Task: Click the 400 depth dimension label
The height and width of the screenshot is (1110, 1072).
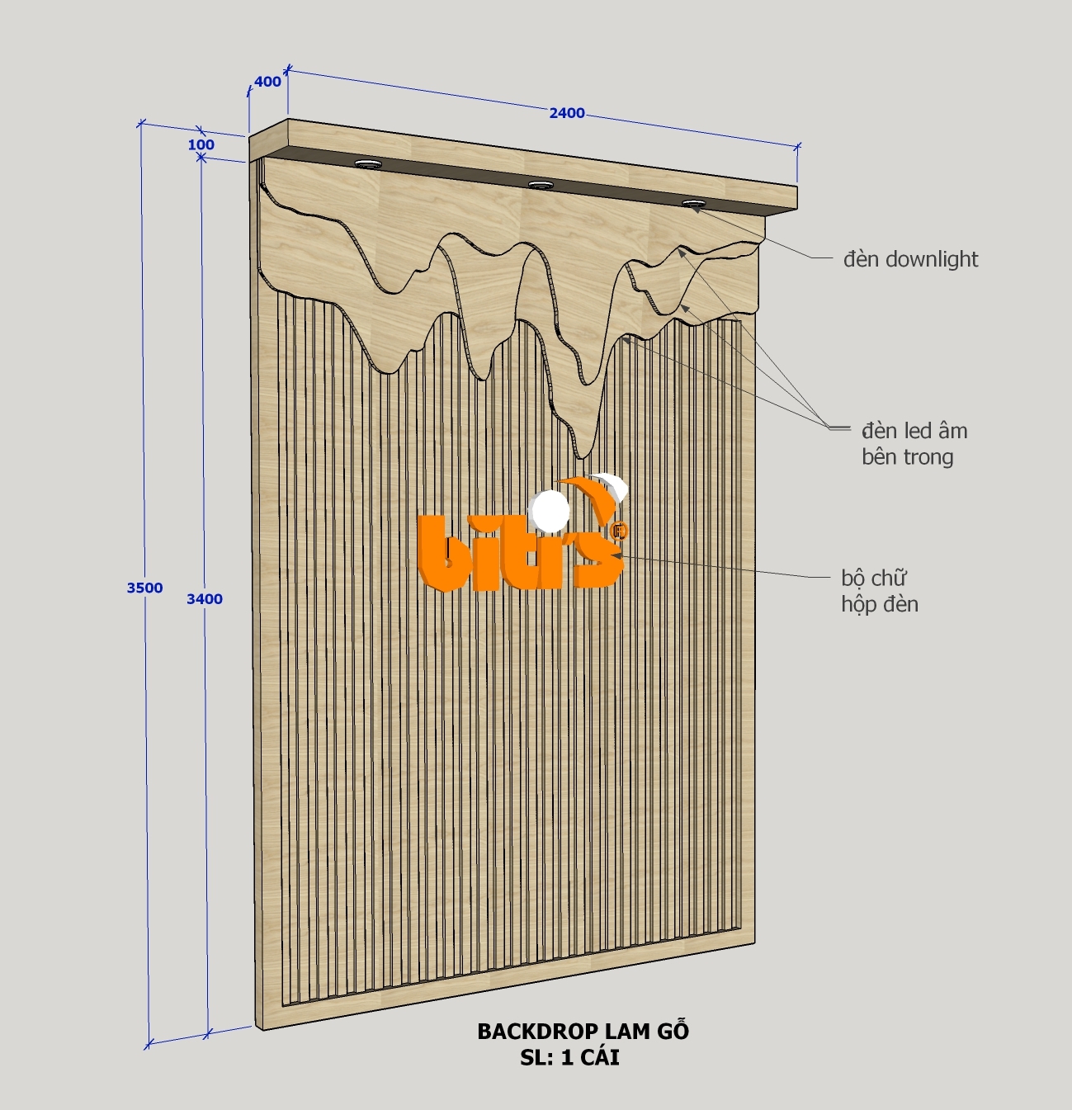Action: pyautogui.click(x=267, y=82)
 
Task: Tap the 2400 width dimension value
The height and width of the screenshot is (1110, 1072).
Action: pyautogui.click(x=567, y=113)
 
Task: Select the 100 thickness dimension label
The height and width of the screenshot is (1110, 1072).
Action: pyautogui.click(x=201, y=145)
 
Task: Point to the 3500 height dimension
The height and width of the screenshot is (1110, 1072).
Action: pyautogui.click(x=144, y=588)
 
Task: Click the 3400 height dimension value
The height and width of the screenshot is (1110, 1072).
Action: pyautogui.click(x=204, y=599)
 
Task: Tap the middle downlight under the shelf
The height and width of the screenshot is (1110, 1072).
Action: pyautogui.click(x=541, y=185)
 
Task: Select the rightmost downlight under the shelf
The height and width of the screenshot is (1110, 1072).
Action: pyautogui.click(x=693, y=203)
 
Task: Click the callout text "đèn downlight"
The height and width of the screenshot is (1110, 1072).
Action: pyautogui.click(x=910, y=259)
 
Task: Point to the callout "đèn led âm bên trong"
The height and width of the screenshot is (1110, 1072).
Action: pyautogui.click(x=914, y=443)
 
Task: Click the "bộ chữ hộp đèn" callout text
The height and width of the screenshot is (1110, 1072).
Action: pyautogui.click(x=879, y=591)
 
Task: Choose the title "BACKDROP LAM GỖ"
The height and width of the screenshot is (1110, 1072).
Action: pyautogui.click(x=583, y=1031)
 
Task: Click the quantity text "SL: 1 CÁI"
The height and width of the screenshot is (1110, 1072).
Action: pyautogui.click(x=569, y=1057)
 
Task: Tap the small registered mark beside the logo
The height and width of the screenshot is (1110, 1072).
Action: pyautogui.click(x=621, y=531)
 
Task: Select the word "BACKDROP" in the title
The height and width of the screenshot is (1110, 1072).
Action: pyautogui.click(x=537, y=1031)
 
